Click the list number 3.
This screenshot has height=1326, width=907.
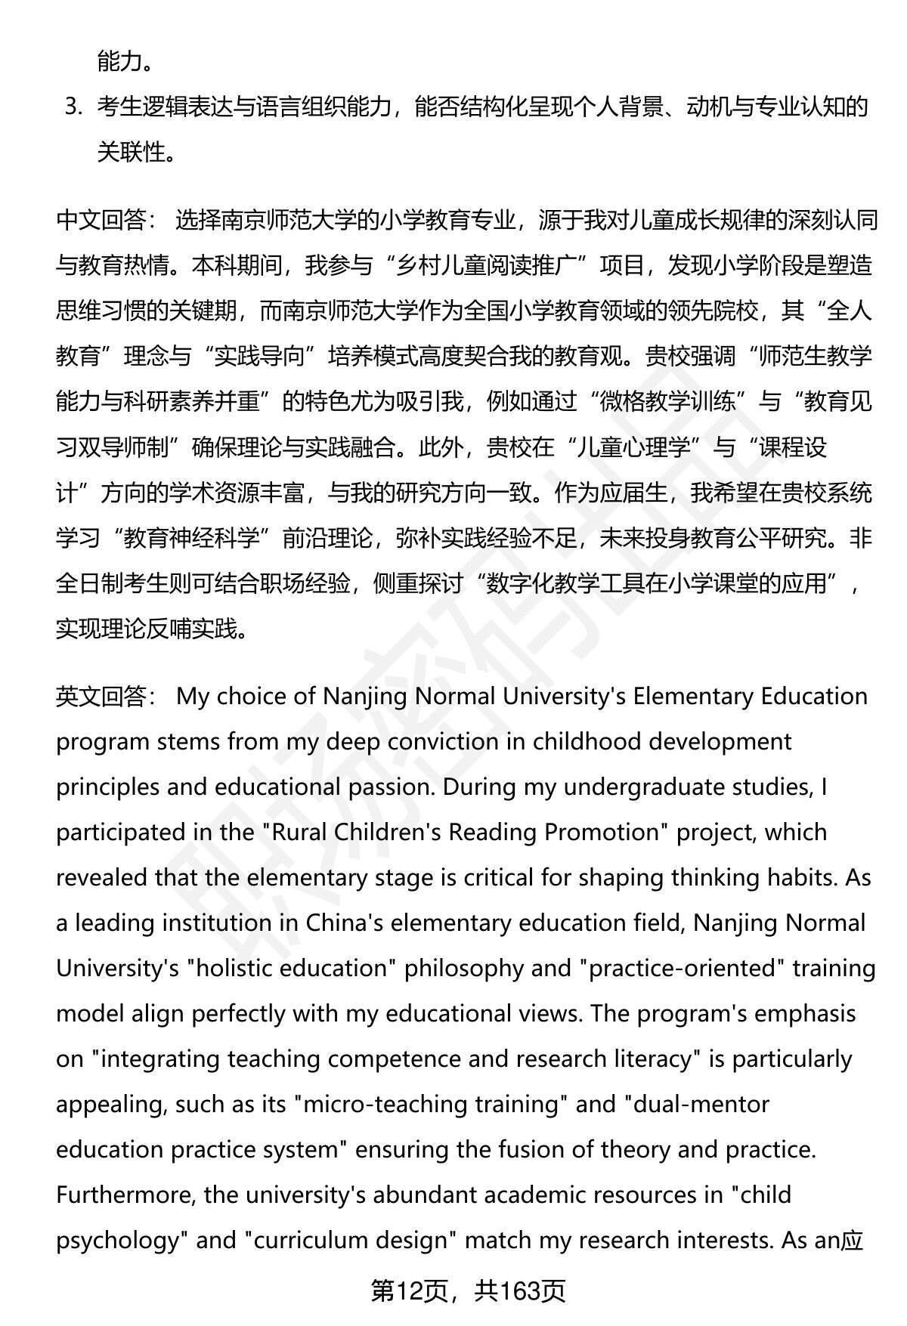73,107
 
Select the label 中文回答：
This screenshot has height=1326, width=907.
107,221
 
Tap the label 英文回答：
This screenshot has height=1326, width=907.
107,696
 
